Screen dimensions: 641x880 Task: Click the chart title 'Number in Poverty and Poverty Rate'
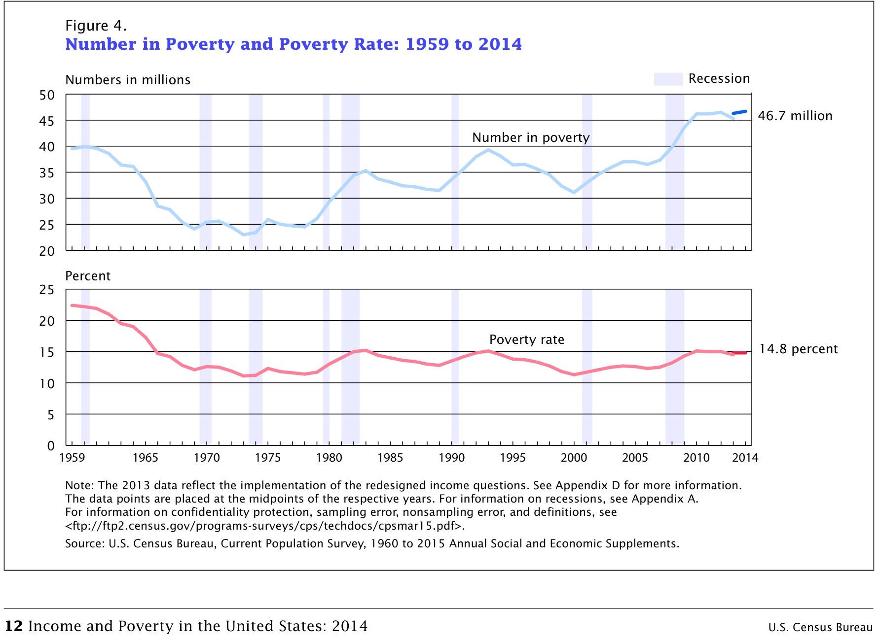(x=293, y=44)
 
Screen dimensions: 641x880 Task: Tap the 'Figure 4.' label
(x=96, y=26)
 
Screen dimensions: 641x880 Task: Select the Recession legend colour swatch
(x=668, y=79)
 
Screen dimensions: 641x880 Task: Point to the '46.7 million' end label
(x=795, y=116)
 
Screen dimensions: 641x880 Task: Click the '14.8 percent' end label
(x=798, y=349)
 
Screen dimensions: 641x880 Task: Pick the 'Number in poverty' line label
(x=530, y=137)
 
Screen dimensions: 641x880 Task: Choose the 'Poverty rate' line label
(x=526, y=339)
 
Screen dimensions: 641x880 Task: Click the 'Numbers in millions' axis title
(x=128, y=80)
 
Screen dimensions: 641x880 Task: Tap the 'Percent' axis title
(x=88, y=276)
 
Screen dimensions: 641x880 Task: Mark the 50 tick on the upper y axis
(x=47, y=95)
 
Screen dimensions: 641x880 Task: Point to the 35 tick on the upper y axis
(x=47, y=173)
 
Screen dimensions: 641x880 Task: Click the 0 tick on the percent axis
(x=51, y=446)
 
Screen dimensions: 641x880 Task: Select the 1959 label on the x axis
(x=72, y=458)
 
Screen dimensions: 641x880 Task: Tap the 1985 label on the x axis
(x=390, y=458)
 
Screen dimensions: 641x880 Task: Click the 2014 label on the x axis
(x=745, y=458)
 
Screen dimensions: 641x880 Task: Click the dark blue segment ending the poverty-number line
(x=739, y=112)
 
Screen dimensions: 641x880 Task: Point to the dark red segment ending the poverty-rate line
(x=740, y=353)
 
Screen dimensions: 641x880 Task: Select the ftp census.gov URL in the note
(x=264, y=526)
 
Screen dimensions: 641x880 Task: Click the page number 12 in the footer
(x=13, y=626)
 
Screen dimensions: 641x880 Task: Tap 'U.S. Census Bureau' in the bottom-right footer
(x=820, y=627)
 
